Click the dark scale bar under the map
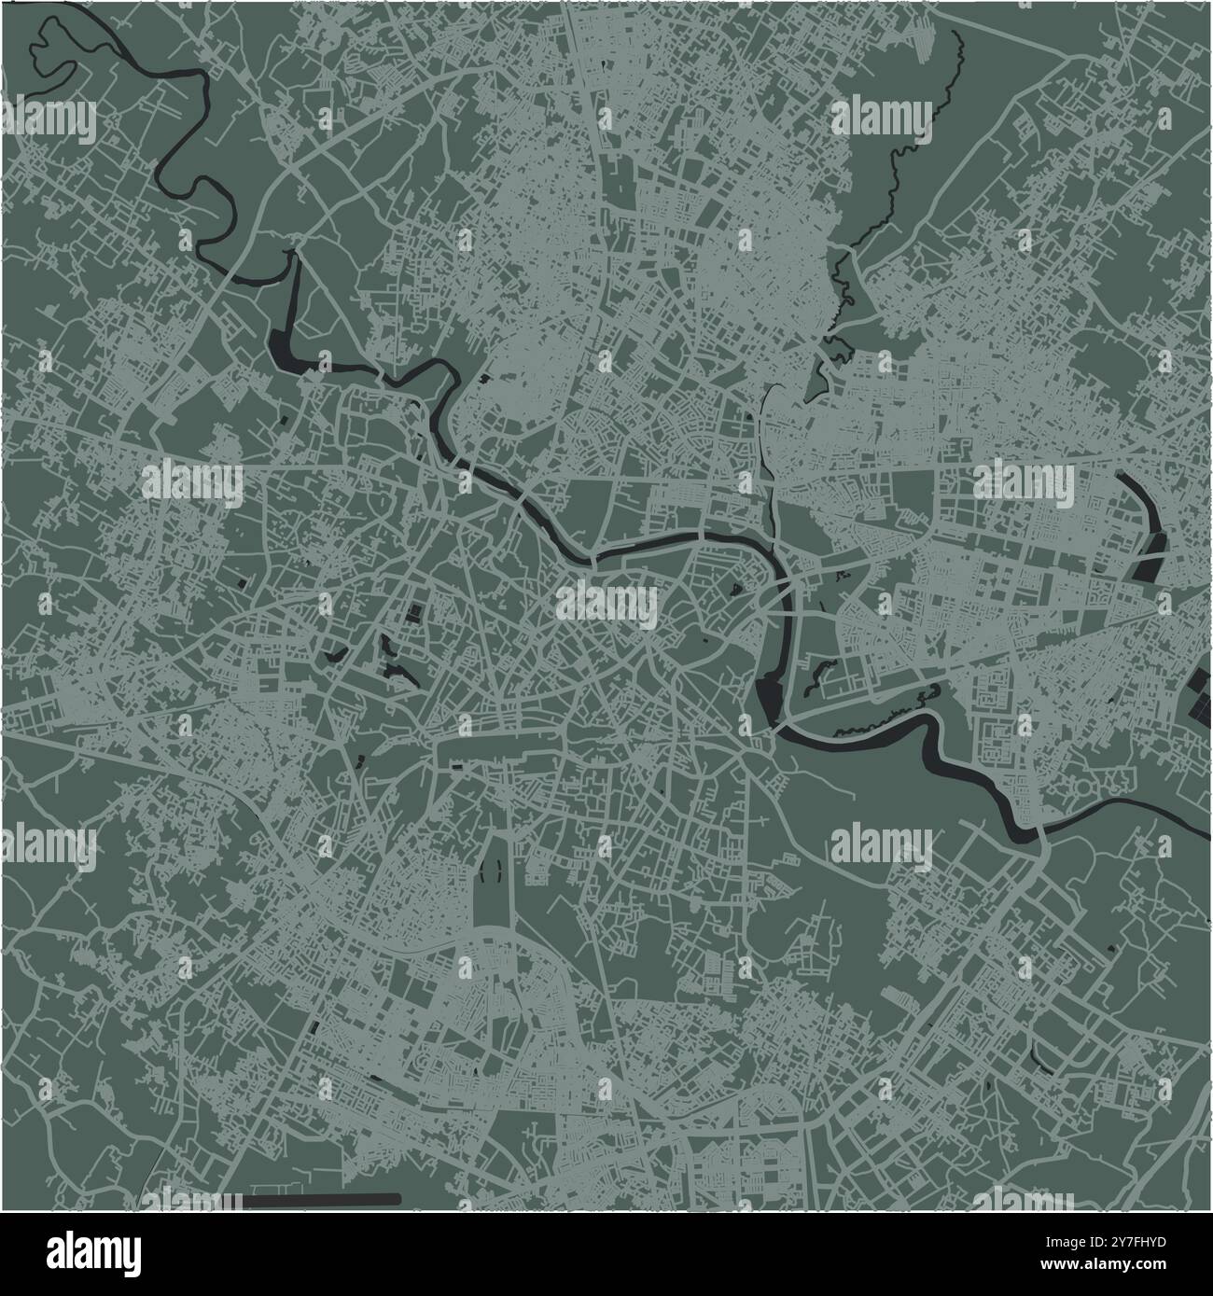click(322, 1198)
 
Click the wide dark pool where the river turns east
click(771, 695)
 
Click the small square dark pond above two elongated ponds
click(412, 613)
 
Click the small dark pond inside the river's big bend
click(734, 590)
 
